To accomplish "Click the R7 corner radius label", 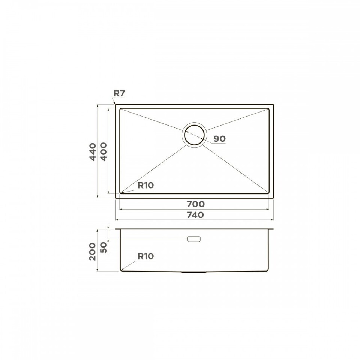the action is tap(119, 93).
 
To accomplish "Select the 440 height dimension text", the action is tap(93, 152).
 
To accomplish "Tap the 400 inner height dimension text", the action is tap(103, 152).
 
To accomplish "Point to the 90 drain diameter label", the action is tap(220, 139).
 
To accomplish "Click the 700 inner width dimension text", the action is tap(196, 204).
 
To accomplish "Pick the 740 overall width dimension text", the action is tap(195, 215).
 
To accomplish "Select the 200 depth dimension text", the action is tap(92, 251).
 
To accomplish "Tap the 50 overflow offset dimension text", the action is tap(104, 247).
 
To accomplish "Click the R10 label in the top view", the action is tap(145, 185).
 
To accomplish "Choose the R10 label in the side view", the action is tap(145, 256).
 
